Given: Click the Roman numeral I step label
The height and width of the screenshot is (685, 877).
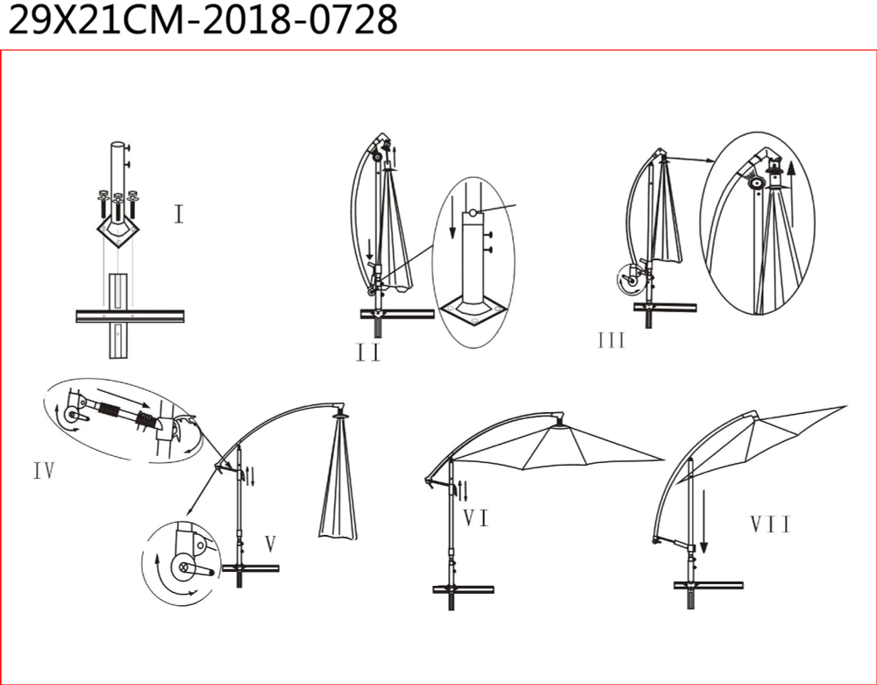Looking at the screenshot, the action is [179, 214].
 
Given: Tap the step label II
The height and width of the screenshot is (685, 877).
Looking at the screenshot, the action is [368, 353].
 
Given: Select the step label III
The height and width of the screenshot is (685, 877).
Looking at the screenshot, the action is [610, 340].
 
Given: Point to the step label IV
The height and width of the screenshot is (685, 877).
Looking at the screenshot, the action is [44, 471].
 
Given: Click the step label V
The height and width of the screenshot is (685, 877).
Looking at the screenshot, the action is [271, 544].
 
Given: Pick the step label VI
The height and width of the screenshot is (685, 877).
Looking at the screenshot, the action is [476, 518].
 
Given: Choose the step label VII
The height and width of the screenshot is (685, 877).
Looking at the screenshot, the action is [771, 524].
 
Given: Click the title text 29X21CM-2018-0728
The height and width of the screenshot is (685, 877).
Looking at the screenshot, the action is [203, 20].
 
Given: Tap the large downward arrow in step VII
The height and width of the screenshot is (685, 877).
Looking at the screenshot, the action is [703, 521].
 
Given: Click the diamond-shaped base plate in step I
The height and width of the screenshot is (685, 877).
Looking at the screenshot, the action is [118, 230].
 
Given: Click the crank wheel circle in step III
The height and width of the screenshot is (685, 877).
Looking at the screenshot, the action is [630, 281].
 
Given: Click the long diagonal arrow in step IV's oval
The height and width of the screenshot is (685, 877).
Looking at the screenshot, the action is [123, 398].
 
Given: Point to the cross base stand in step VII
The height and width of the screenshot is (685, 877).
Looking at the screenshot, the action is [708, 590].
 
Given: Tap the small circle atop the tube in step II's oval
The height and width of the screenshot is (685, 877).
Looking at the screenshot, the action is [473, 212].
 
